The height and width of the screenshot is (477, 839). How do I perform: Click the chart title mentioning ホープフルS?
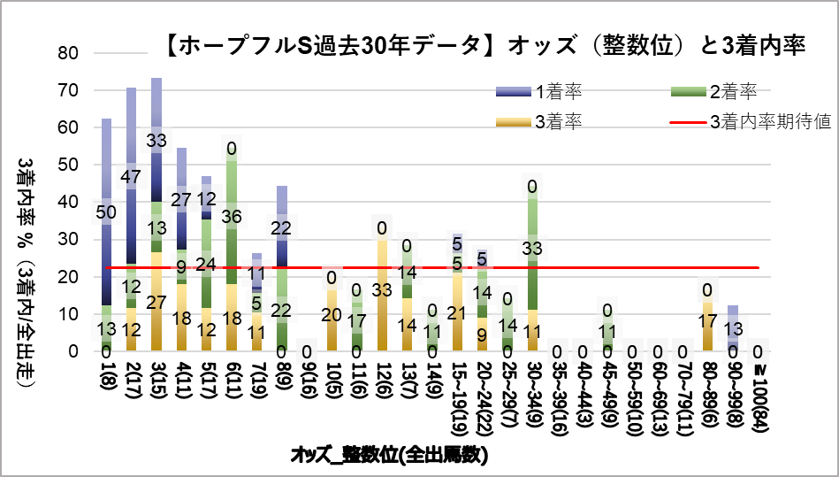pyautogui.click(x=485, y=47)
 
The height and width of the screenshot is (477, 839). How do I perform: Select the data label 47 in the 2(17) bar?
pyautogui.click(x=132, y=177)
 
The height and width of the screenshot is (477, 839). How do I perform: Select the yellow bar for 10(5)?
pyautogui.click(x=331, y=319)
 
